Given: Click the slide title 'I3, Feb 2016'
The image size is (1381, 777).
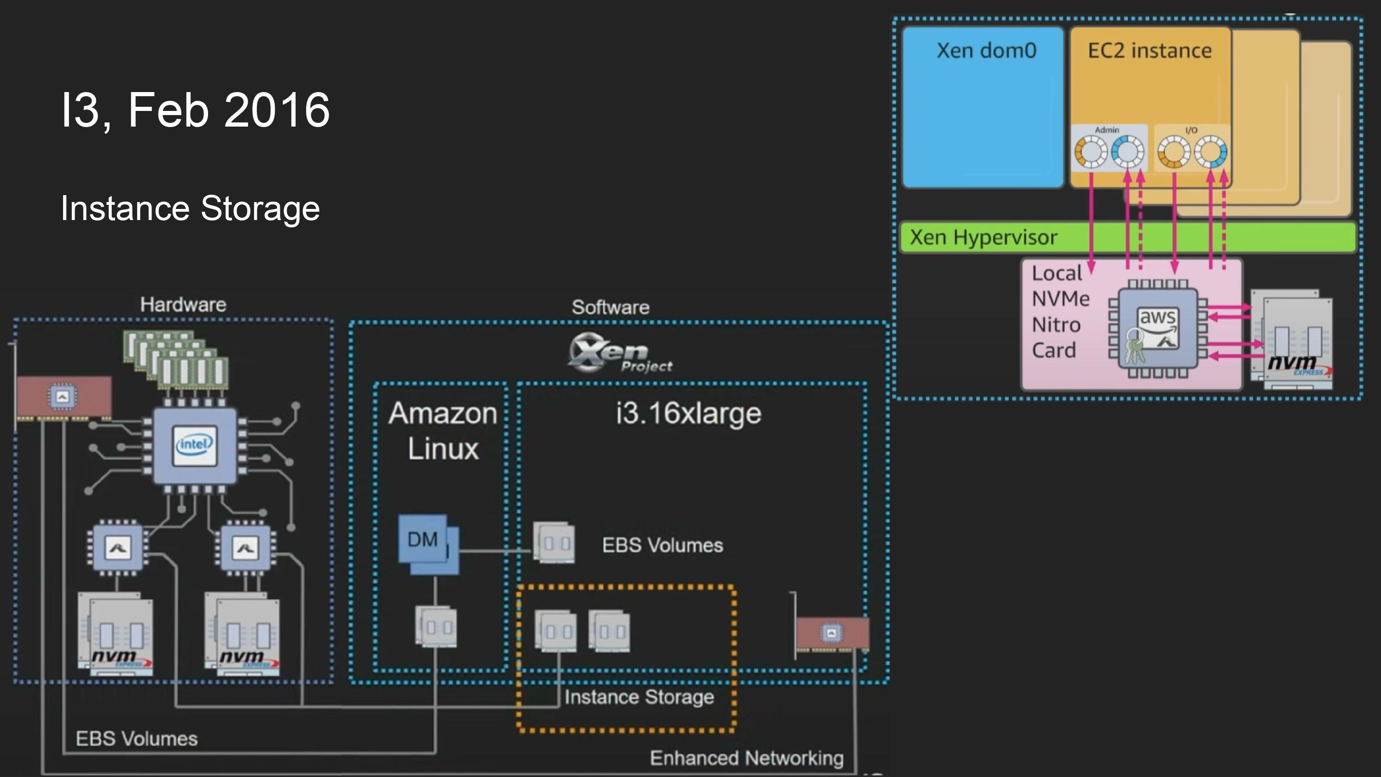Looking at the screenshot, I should pos(195,110).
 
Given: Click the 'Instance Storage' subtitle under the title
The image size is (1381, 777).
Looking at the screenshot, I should pos(190,208).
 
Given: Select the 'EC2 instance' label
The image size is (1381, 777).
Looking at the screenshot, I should pos(1149,51).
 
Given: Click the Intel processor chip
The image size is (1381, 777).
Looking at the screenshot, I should pos(195,445).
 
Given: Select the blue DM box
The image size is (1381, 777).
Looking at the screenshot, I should pos(423,539).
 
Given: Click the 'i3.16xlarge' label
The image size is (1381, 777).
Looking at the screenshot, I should pos(688,413).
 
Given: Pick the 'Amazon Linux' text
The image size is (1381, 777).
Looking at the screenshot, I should pos(443,430).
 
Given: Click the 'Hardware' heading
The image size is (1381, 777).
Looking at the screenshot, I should pos(183,305).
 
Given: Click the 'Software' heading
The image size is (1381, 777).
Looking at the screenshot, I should pos(610,307).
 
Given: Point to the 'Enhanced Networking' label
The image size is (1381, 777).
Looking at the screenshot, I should pos(746,758).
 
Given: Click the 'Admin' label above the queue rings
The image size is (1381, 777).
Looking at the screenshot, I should pos(1107,130).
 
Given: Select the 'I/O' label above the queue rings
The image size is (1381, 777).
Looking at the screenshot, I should pos(1191,130).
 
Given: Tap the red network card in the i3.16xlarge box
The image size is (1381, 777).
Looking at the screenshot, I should pos(831,634).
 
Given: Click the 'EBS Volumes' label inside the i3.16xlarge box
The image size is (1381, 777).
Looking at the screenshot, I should pos(662,545).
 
